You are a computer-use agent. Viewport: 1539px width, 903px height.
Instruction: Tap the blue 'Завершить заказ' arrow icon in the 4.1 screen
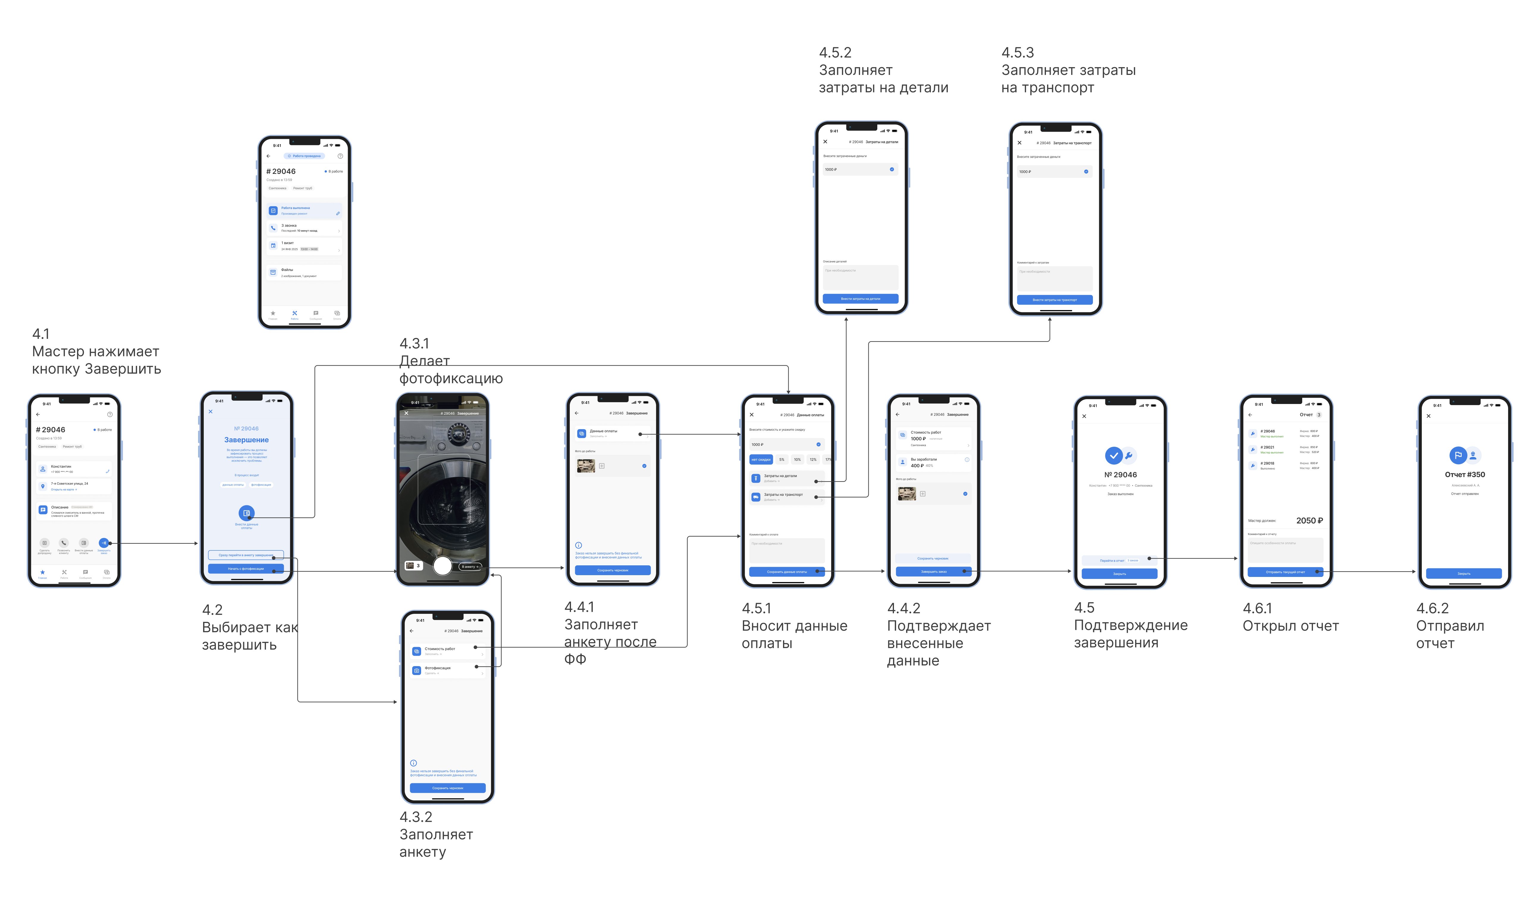104,543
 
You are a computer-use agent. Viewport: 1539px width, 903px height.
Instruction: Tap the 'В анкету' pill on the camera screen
470,567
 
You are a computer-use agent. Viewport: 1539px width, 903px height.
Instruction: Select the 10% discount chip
797,459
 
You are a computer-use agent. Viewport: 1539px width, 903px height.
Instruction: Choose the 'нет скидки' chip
760,459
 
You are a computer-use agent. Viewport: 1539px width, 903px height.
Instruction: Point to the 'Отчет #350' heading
1464,474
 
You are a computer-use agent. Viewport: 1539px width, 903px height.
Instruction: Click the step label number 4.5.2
835,53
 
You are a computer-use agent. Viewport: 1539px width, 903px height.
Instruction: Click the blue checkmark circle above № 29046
1113,455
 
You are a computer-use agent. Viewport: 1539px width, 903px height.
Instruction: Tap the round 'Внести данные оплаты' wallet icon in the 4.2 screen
246,513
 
